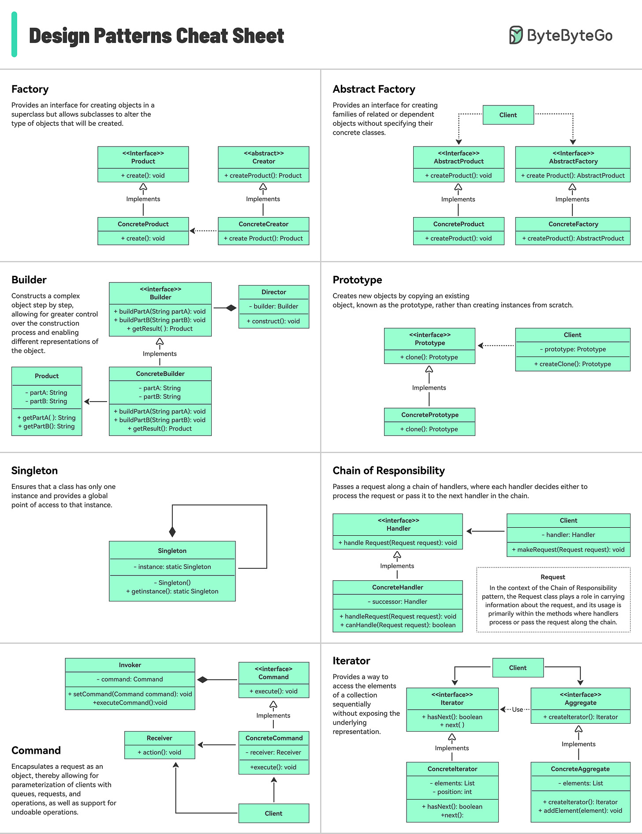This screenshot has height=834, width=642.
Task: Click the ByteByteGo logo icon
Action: pyautogui.click(x=516, y=35)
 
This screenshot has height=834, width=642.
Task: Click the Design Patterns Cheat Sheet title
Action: pyautogui.click(x=157, y=36)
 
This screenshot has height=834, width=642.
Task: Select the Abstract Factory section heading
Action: pyautogui.click(x=374, y=89)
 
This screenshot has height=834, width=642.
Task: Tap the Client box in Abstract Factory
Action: pyautogui.click(x=508, y=115)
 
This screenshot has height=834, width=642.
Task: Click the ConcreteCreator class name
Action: pyautogui.click(x=263, y=224)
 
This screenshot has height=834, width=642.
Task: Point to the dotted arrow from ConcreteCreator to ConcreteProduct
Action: pyautogui.click(x=203, y=231)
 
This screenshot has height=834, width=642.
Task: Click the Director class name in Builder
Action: pyautogui.click(x=273, y=292)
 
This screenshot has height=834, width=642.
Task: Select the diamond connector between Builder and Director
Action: pyautogui.click(x=231, y=308)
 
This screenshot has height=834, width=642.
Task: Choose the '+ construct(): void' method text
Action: pyautogui.click(x=273, y=321)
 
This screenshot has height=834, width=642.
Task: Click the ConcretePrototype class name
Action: pyautogui.click(x=429, y=415)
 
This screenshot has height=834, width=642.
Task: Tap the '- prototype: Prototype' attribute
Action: pyautogui.click(x=573, y=349)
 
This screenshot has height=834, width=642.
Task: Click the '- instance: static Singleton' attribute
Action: pyautogui.click(x=172, y=567)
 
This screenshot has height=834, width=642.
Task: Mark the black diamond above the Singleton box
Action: pyautogui.click(x=172, y=531)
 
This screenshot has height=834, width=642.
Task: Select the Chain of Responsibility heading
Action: pyautogui.click(x=388, y=470)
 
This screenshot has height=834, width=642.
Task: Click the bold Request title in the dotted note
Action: pyautogui.click(x=552, y=577)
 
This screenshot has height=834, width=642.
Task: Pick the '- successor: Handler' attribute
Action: pyautogui.click(x=397, y=601)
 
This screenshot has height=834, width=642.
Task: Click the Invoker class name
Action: pyautogui.click(x=130, y=665)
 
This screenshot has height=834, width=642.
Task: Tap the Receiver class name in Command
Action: pyautogui.click(x=159, y=738)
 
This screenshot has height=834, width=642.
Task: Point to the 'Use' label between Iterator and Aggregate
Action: pyautogui.click(x=517, y=710)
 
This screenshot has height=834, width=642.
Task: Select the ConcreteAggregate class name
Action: pyautogui.click(x=580, y=769)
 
